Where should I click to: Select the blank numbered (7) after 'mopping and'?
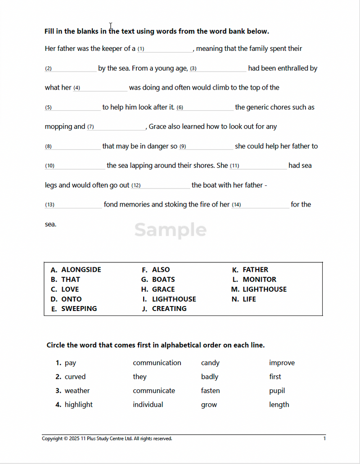(119, 127)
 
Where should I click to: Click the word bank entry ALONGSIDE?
(81, 270)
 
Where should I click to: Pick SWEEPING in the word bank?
(79, 308)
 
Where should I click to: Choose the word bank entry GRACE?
(163, 289)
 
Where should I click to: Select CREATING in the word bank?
(169, 308)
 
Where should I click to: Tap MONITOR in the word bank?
(259, 279)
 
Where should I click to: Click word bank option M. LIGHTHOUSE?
(264, 289)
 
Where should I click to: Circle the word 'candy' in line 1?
(210, 363)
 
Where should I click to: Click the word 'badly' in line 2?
(210, 377)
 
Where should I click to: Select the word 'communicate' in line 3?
(154, 391)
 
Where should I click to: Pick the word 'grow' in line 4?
(209, 405)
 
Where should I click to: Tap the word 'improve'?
(282, 363)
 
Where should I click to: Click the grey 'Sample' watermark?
(170, 230)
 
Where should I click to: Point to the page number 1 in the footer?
(324, 438)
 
